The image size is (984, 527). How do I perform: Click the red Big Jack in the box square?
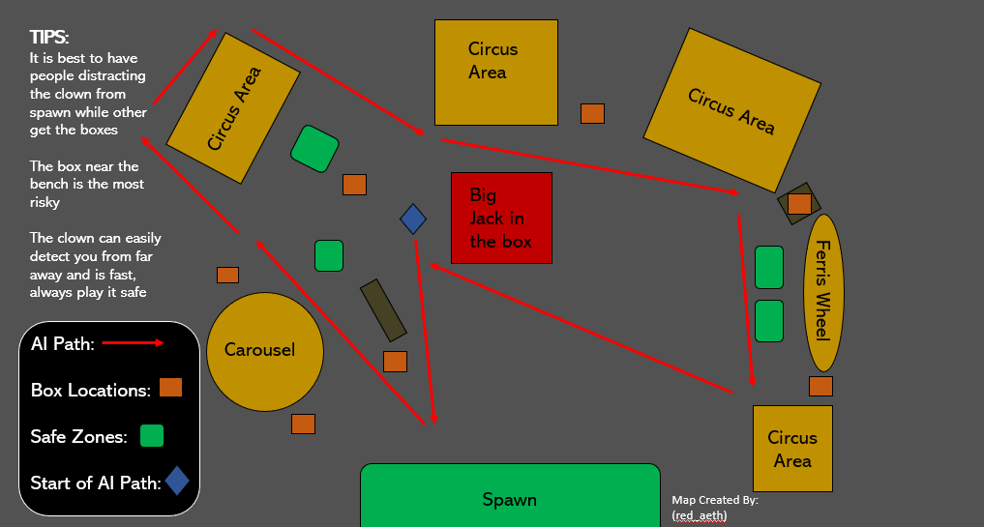(501, 218)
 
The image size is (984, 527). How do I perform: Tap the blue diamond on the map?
(413, 220)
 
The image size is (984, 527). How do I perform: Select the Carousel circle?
(259, 350)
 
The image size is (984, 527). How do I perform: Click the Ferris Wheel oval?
(824, 291)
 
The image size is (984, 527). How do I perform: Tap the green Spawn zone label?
(509, 499)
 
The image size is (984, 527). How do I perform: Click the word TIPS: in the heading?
(49, 38)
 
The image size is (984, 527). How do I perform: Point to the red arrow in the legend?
(133, 343)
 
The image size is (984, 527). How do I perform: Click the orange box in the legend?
(170, 388)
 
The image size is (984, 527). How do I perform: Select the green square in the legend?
(152, 436)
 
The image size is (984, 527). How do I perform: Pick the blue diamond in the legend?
(177, 481)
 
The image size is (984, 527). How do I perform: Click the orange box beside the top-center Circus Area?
(592, 113)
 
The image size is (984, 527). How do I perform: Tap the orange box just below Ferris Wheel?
(820, 386)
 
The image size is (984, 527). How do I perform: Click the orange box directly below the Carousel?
(303, 424)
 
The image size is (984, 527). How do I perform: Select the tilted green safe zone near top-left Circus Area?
(315, 149)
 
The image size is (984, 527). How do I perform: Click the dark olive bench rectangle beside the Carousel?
(382, 310)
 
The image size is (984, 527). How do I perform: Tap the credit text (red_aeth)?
(699, 515)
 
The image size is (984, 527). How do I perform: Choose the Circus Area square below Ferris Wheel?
(792, 449)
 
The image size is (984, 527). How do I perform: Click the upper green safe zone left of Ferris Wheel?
(768, 267)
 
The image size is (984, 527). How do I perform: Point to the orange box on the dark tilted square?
(799, 204)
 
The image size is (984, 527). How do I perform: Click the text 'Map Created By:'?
(715, 500)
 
